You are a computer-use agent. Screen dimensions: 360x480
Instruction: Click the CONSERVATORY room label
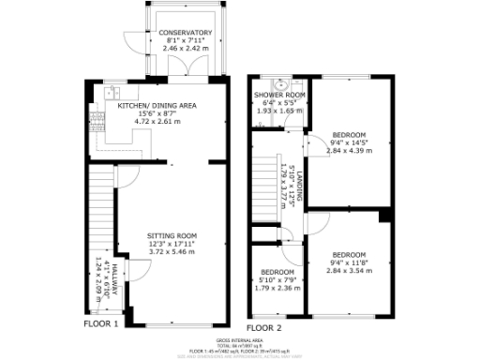[185, 33]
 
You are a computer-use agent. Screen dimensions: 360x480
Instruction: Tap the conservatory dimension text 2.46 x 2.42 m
[185, 48]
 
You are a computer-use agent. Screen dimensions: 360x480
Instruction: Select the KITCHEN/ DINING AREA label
[157, 106]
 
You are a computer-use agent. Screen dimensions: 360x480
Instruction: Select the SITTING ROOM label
[172, 235]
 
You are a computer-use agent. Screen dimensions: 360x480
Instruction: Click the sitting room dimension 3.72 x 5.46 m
[172, 252]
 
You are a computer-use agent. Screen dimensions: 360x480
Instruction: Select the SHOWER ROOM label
[280, 95]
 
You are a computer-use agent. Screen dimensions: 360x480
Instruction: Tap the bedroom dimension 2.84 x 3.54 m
[350, 270]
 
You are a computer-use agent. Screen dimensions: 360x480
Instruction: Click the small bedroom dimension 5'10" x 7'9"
[277, 278]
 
